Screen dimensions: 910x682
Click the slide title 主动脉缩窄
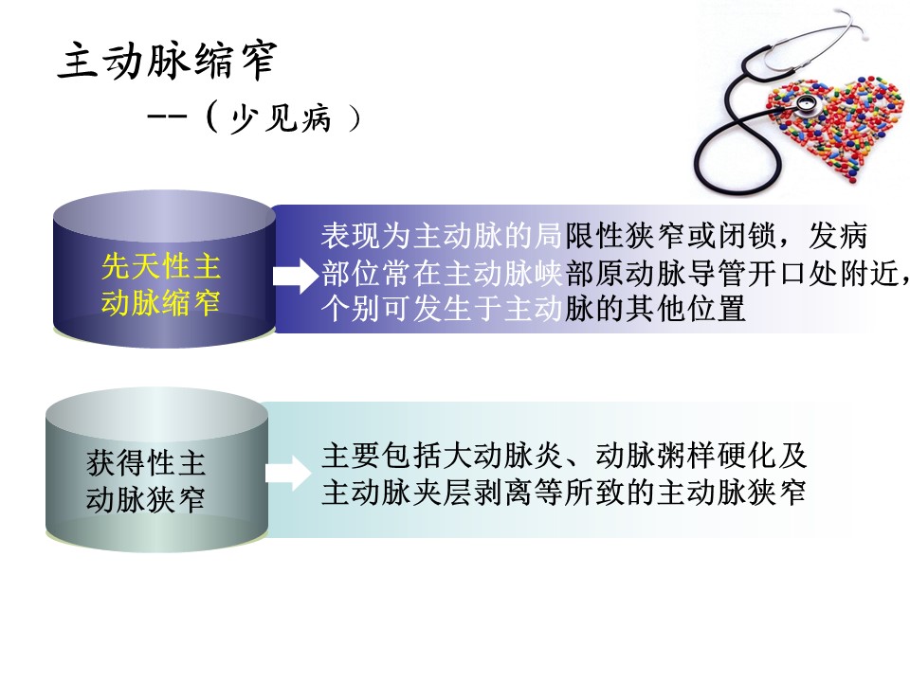pyautogui.click(x=168, y=60)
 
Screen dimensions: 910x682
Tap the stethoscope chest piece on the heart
pyautogui.click(x=806, y=105)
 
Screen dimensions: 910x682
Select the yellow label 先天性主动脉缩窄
pyautogui.click(x=161, y=284)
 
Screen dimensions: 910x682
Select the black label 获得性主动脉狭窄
pyautogui.click(x=146, y=481)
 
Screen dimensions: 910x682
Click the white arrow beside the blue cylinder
pyautogui.click(x=296, y=276)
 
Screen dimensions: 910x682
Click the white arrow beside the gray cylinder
pyautogui.click(x=288, y=473)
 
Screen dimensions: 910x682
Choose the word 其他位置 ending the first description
pyautogui.click(x=686, y=309)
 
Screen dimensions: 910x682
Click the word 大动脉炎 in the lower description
pyautogui.click(x=503, y=456)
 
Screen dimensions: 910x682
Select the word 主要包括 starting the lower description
pyautogui.click(x=382, y=456)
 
